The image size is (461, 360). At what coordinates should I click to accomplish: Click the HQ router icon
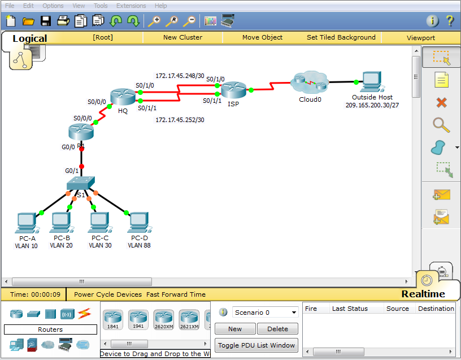click(x=120, y=97)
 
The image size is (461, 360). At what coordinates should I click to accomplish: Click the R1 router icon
click(x=79, y=131)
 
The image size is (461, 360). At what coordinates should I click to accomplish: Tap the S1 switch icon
click(x=80, y=184)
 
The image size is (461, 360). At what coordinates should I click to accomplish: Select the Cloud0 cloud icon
click(x=310, y=83)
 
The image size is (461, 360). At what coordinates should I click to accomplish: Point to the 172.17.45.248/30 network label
click(x=180, y=76)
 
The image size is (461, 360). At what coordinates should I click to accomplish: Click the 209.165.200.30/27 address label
click(x=372, y=105)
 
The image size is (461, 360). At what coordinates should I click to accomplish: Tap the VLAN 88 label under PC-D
click(x=138, y=246)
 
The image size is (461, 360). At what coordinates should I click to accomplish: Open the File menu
click(x=10, y=6)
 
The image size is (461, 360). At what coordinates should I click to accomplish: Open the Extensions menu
click(x=131, y=6)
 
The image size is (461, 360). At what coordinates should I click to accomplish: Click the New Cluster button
click(x=182, y=37)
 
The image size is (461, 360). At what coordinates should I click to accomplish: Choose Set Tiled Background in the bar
click(x=341, y=37)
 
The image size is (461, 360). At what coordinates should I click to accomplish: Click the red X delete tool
click(x=442, y=102)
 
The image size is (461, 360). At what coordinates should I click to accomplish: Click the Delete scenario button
click(x=277, y=329)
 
